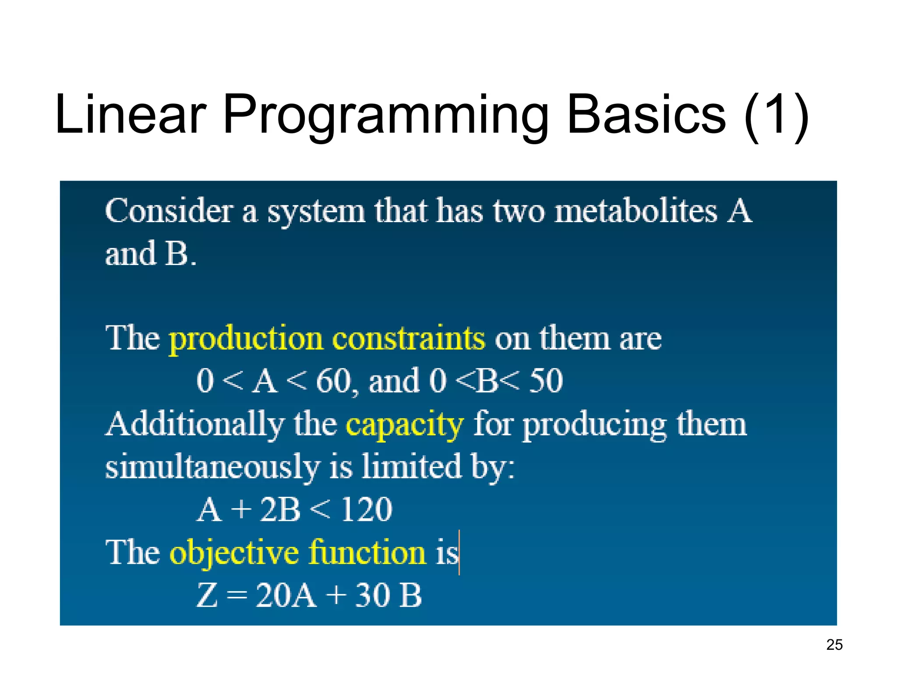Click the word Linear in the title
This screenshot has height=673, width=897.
131,115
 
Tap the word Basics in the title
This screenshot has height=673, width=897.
646,115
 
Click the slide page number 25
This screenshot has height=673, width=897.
834,645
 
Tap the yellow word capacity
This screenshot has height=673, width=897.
404,425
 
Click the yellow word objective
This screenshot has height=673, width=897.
234,553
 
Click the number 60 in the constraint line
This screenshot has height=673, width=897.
333,381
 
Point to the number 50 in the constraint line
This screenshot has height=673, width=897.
546,381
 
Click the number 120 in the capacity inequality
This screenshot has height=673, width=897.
367,510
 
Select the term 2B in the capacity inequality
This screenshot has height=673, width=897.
280,510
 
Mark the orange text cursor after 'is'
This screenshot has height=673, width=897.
459,552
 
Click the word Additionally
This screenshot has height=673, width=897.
195,425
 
